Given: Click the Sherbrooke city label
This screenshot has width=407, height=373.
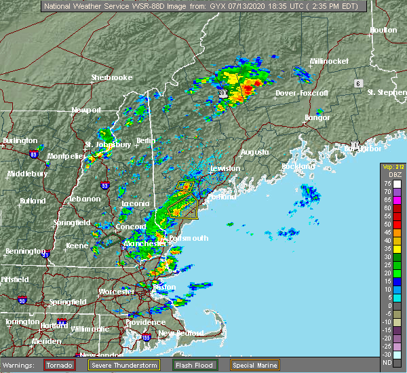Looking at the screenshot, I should pos(112,77).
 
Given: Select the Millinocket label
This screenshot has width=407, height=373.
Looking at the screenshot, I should pos(329,61).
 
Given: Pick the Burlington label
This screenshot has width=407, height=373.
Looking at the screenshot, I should pos(20,140).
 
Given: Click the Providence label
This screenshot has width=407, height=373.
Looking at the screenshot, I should pos(145,322).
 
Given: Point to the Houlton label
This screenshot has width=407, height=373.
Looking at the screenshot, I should pos(383,31).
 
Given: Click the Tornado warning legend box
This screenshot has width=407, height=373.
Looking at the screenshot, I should pos(64,365).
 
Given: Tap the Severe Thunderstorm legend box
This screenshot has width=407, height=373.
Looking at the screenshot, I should pos(123,365).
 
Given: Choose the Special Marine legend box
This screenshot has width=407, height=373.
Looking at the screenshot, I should pos(254,365).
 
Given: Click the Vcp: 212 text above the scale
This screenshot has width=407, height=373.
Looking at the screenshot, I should pos(393,167).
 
